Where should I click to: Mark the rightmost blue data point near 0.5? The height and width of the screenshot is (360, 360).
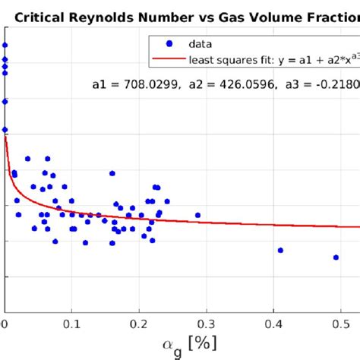pyautogui.click(x=336, y=257)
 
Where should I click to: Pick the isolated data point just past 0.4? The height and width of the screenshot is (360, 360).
pyautogui.click(x=280, y=250)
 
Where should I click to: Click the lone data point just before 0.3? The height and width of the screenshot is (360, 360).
pyautogui.click(x=197, y=215)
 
